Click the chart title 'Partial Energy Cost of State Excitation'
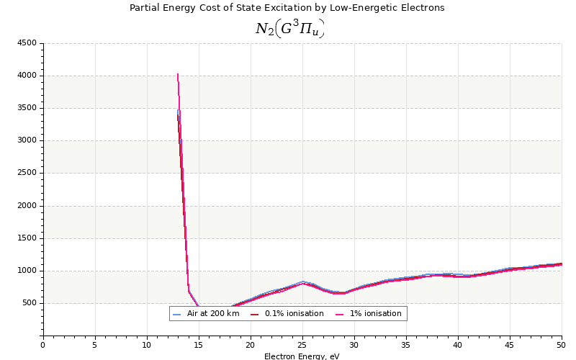(x=287, y=8)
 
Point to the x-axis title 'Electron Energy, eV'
(x=302, y=356)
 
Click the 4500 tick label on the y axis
(x=26, y=43)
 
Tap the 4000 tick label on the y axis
(x=26, y=76)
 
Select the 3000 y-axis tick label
(x=26, y=141)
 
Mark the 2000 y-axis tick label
(x=26, y=206)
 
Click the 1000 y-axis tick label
(x=26, y=271)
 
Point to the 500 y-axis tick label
(x=28, y=304)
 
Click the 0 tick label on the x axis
(x=43, y=345)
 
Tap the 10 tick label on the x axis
(x=147, y=345)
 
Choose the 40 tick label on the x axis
(x=458, y=345)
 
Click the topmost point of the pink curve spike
(x=178, y=73)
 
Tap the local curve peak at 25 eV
(x=303, y=282)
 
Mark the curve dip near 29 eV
(x=343, y=293)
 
